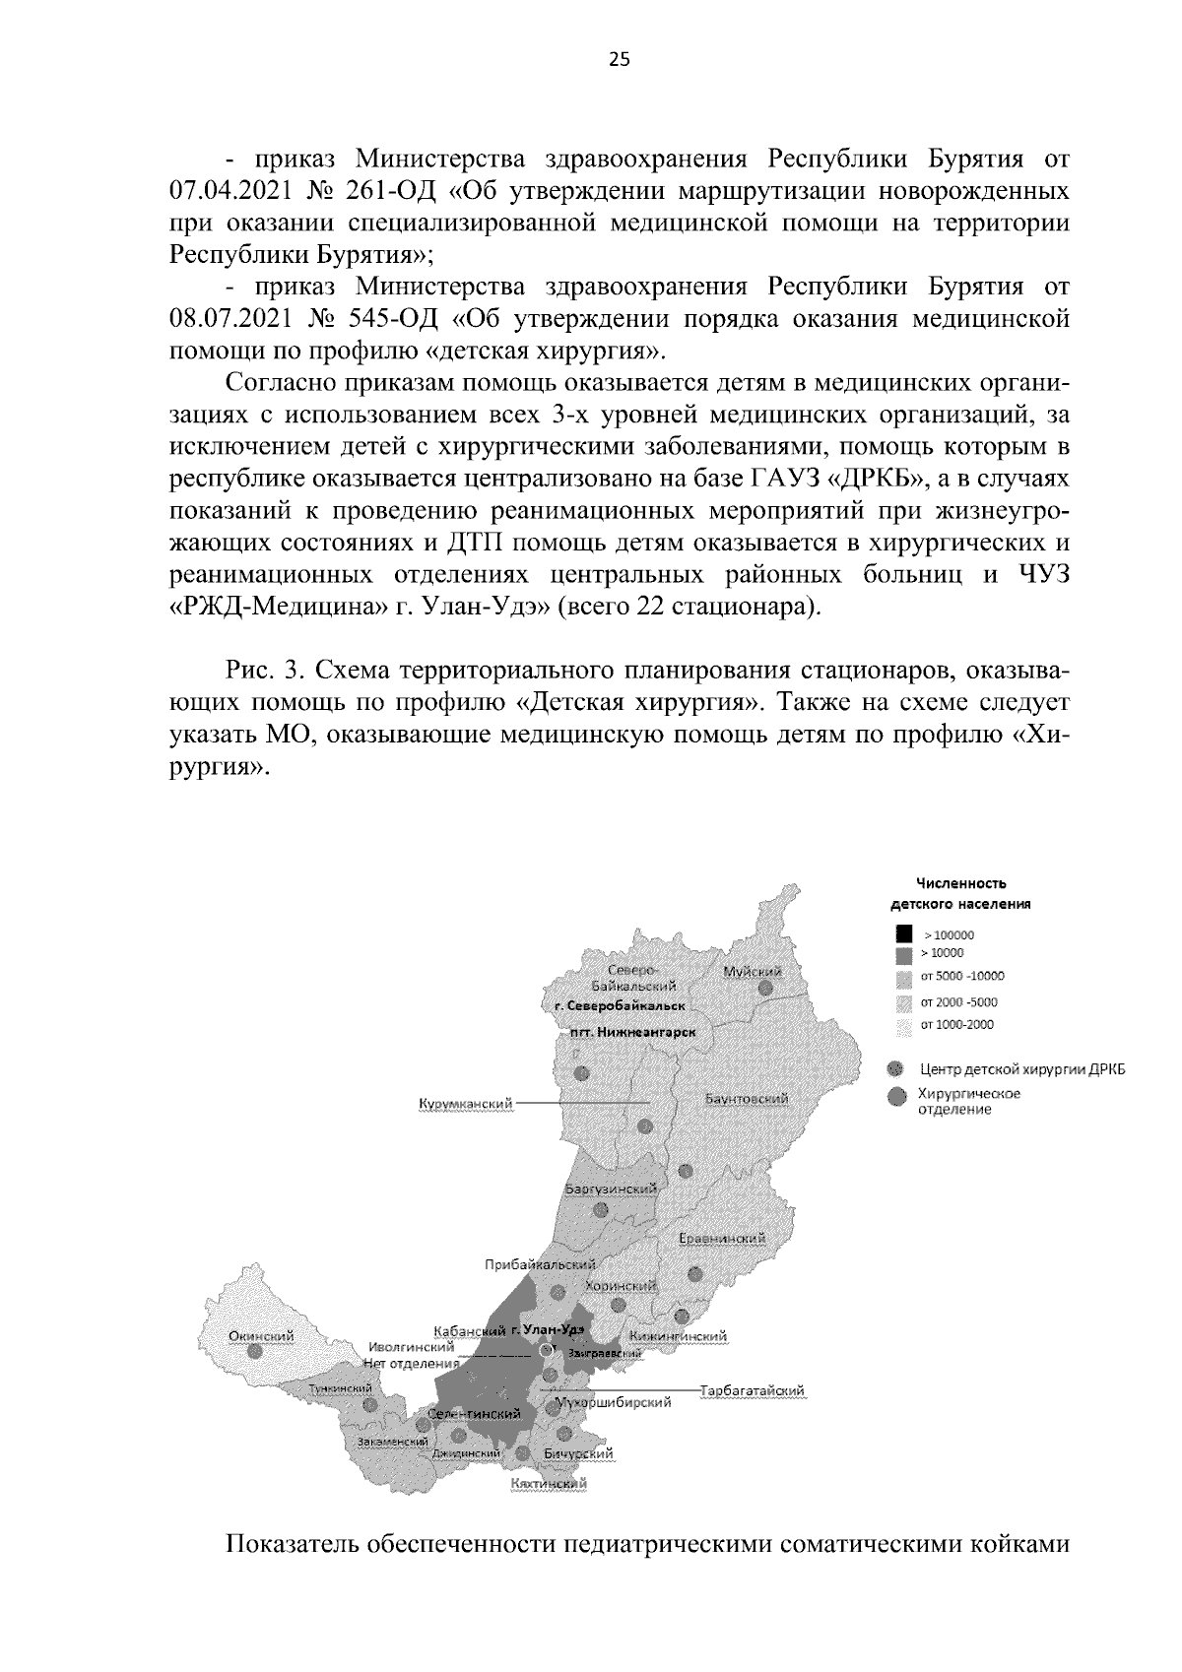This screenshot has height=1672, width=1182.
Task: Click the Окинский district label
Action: click(x=261, y=1336)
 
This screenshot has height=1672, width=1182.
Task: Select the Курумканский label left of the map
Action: click(x=466, y=1104)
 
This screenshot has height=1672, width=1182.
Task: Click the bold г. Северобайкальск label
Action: click(x=619, y=1005)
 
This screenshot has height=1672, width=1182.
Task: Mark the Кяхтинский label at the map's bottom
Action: click(x=549, y=1483)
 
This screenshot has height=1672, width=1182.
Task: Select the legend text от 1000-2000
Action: click(x=956, y=1024)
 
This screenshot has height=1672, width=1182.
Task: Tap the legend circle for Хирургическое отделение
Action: click(x=895, y=1099)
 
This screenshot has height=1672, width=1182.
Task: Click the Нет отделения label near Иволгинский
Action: click(x=411, y=1364)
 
